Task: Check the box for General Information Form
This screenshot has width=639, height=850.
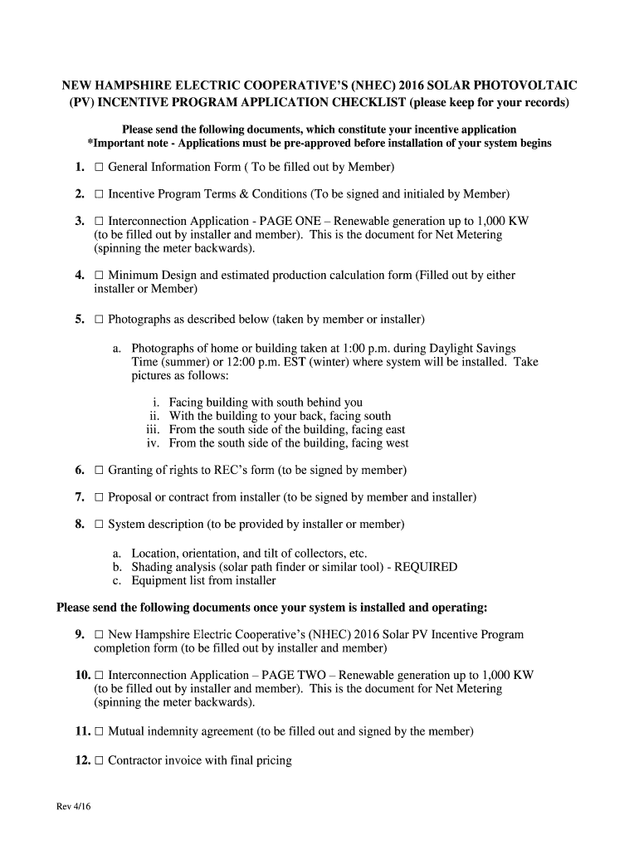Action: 99,168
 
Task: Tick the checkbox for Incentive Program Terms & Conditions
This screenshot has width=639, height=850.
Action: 99,194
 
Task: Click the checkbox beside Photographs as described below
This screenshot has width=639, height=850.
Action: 99,319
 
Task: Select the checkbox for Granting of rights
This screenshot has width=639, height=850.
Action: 99,471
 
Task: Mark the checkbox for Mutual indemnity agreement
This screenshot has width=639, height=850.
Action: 99,732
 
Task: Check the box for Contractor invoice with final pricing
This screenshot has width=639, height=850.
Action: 99,760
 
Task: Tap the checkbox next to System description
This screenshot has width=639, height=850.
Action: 99,525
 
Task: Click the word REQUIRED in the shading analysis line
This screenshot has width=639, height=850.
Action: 426,567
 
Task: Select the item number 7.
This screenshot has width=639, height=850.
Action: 80,497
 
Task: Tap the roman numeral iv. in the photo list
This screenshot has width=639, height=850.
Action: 154,443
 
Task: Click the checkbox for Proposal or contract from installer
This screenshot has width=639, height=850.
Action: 99,497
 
